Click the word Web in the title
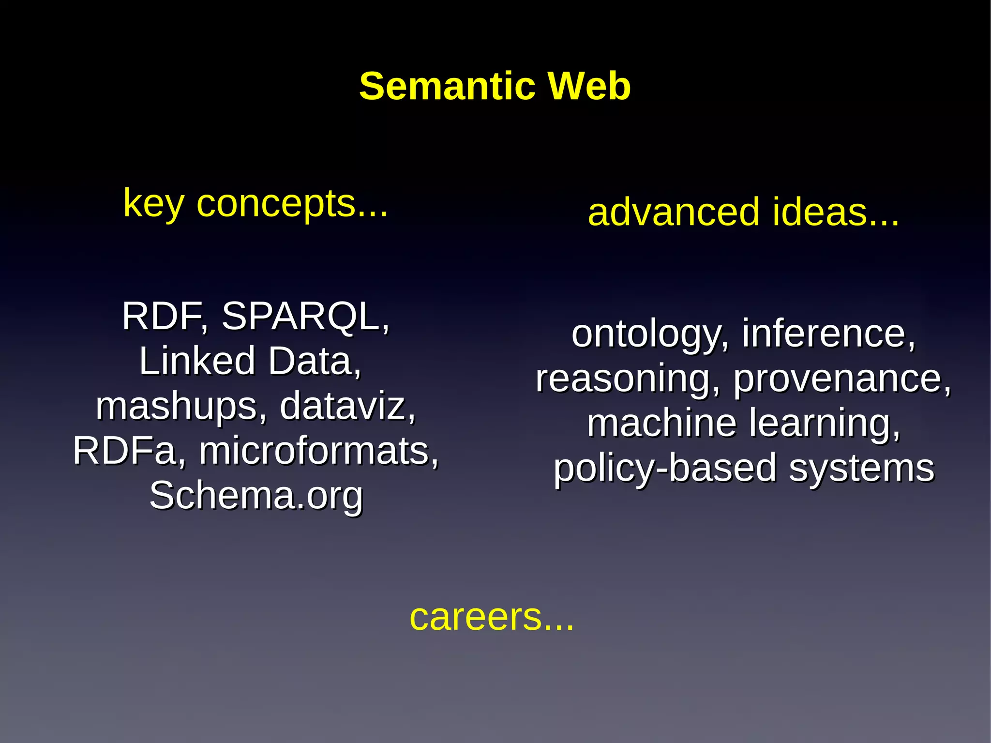click(589, 86)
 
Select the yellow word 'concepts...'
click(292, 203)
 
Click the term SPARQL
click(305, 317)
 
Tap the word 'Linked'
click(197, 361)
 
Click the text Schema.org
click(256, 496)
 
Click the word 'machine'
click(662, 423)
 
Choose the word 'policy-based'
click(665, 468)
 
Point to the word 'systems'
click(862, 468)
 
